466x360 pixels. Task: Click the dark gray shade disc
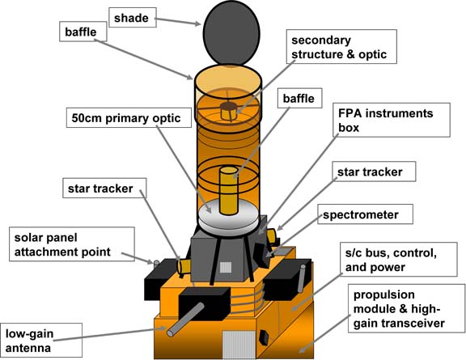(231, 33)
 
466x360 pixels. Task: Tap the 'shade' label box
(133, 18)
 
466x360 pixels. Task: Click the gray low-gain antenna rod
(185, 320)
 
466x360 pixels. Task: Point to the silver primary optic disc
(228, 217)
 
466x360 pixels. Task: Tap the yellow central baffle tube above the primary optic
(228, 190)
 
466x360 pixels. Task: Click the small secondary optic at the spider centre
(228, 111)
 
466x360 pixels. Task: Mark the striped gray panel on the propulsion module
(239, 345)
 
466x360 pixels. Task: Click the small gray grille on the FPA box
(225, 268)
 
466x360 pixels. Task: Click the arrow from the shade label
(178, 22)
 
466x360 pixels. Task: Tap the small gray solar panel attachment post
(156, 263)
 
